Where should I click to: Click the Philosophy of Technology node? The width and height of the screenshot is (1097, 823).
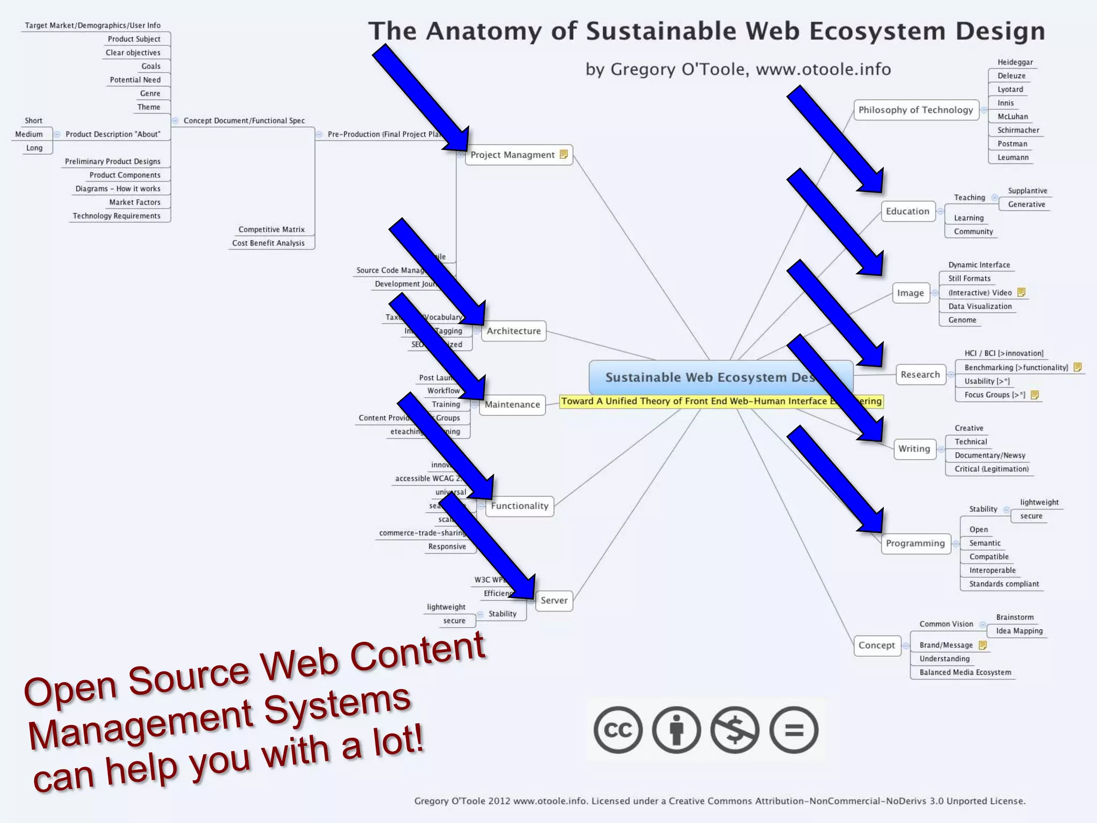(915, 110)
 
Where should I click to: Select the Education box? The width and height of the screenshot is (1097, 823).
(907, 211)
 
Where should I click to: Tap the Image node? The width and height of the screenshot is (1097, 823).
(910, 293)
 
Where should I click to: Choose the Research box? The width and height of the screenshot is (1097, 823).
(920, 375)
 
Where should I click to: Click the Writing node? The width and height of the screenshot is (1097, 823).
(914, 449)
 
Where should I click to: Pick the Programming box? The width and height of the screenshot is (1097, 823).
(915, 543)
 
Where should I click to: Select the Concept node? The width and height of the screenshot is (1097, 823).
(876, 645)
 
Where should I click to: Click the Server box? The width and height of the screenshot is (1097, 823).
(554, 601)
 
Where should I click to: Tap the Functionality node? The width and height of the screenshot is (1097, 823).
(519, 506)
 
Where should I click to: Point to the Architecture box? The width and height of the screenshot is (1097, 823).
(513, 331)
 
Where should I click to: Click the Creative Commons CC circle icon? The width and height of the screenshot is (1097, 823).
(618, 730)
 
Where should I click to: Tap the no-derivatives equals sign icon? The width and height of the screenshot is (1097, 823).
(793, 730)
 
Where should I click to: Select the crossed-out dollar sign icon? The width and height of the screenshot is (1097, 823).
(734, 730)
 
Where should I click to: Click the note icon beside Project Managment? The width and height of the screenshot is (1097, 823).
(563, 154)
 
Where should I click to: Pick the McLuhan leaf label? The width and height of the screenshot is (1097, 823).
(1012, 117)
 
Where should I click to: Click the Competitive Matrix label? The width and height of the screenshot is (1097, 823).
(271, 229)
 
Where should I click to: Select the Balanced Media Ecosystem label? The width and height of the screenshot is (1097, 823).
(965, 672)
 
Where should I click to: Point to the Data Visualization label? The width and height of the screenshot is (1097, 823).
(980, 306)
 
